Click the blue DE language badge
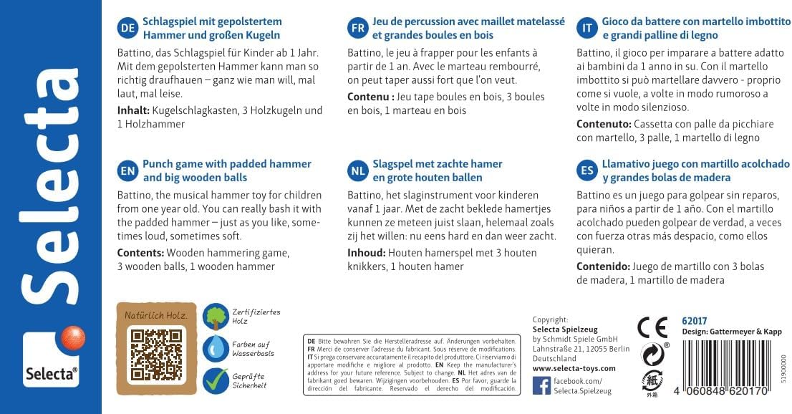click(x=127, y=28)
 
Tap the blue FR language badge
click(x=358, y=28)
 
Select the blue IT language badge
click(x=587, y=28)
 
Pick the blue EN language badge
click(x=127, y=170)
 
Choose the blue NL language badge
click(x=358, y=170)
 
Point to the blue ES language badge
click(x=587, y=170)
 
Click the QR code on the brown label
click(x=156, y=355)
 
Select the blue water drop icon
click(x=215, y=349)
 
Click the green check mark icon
click(x=215, y=380)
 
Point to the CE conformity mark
click(x=652, y=327)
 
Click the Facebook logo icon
click(x=542, y=386)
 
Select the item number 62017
click(x=695, y=320)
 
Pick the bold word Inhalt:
click(x=133, y=111)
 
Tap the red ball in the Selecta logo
click(x=72, y=337)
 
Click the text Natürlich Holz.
click(x=156, y=315)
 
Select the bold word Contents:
click(x=140, y=253)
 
